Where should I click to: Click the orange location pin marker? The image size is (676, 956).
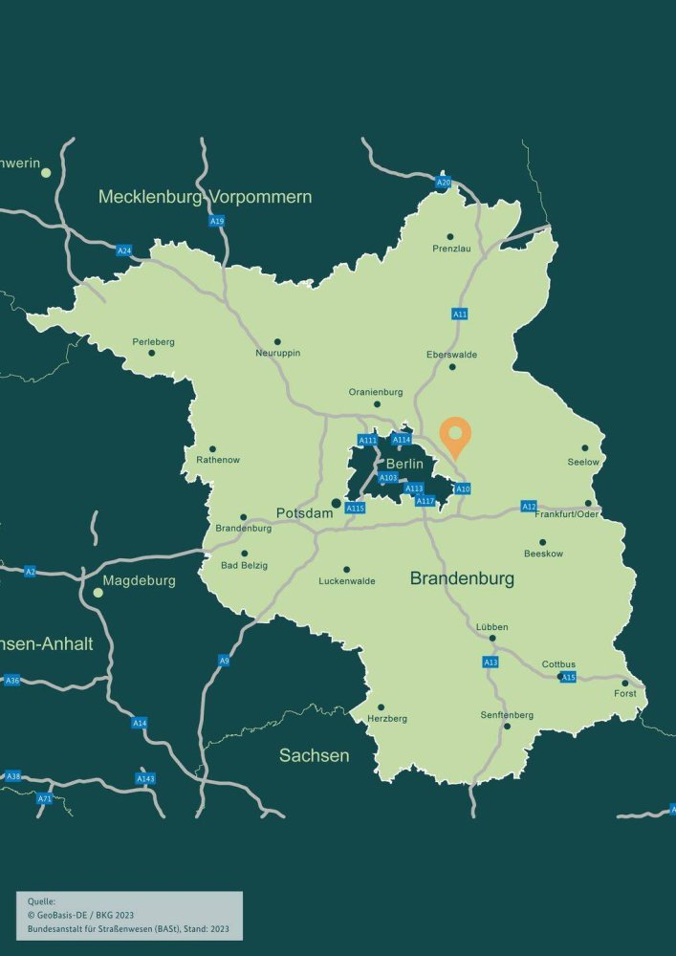tap(455, 435)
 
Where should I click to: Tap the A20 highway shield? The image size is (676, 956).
tap(443, 182)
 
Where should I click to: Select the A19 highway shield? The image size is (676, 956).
tap(217, 221)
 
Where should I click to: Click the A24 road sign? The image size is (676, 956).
tap(123, 250)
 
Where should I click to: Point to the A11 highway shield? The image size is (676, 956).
tap(460, 314)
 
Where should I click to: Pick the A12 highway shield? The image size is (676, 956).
tap(529, 506)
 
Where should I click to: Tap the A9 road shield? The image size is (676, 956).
tap(224, 661)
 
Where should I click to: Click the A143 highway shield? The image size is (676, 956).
tap(145, 778)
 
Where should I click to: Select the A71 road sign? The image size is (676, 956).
tap(44, 798)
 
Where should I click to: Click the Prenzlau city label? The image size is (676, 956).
tap(451, 249)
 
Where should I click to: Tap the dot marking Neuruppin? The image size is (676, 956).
tap(277, 341)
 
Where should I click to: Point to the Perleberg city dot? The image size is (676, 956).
tap(151, 353)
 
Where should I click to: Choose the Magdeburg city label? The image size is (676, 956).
tap(141, 580)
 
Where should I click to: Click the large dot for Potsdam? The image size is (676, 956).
tap(336, 503)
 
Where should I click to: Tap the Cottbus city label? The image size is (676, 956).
tap(558, 664)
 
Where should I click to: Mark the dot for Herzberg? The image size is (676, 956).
tap(381, 707)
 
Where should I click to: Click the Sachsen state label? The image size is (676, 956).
tap(314, 755)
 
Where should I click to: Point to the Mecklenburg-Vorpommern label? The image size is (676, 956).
tap(205, 197)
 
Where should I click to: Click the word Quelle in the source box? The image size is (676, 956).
tap(43, 901)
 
